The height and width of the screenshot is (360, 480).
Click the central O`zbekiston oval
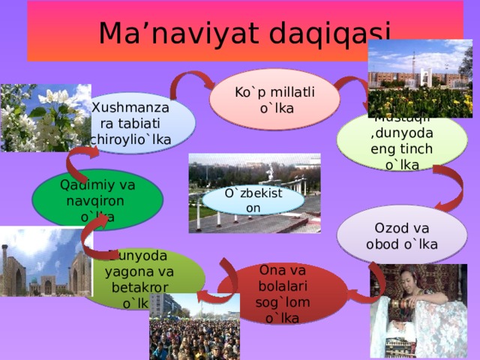click(254, 199)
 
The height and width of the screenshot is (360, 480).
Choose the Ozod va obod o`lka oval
click(402, 235)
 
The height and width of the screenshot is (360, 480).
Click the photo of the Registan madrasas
click(41, 262)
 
